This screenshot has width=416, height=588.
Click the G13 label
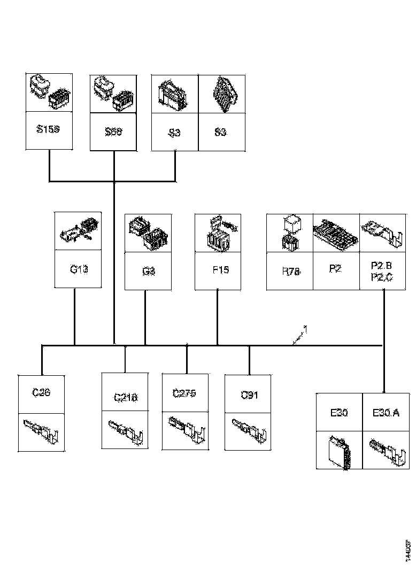coord(78,269)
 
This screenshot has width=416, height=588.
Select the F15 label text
coord(220,269)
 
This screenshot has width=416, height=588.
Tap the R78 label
coord(290,271)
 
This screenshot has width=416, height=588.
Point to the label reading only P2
coord(335,268)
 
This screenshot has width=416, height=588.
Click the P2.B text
coord(381,265)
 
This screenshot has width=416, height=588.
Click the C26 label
coord(41,392)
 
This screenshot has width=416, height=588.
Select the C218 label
coord(126,397)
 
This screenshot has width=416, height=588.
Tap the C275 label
coord(184,393)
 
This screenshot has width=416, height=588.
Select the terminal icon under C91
coord(248,430)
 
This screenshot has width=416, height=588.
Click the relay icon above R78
coord(290,232)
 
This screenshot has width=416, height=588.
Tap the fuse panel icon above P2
coord(335,233)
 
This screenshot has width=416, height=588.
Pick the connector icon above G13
coord(78,230)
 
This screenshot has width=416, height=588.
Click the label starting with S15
coord(49,129)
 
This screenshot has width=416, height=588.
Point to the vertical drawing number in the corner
coord(408,551)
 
